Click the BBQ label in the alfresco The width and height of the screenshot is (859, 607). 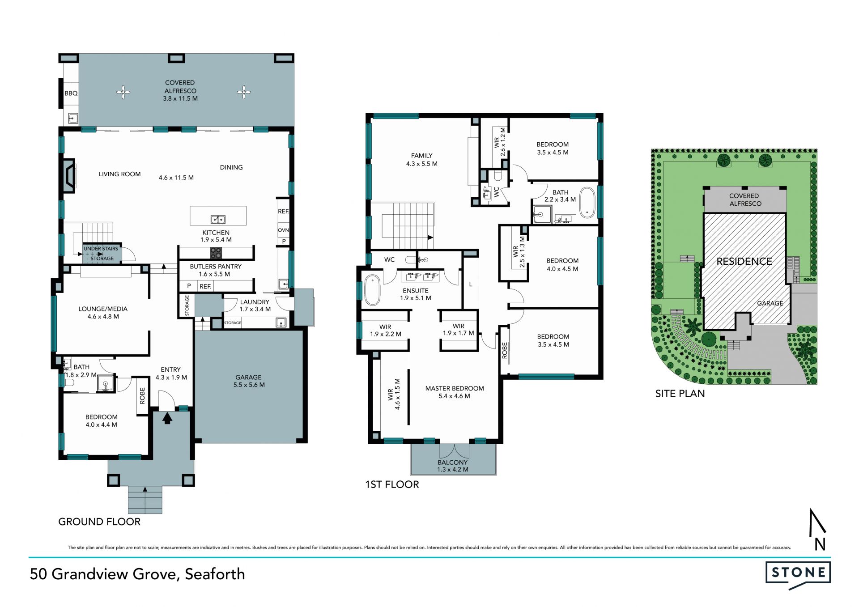[71, 93]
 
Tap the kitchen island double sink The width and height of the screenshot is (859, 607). [218, 219]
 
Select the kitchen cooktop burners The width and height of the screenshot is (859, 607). [216, 253]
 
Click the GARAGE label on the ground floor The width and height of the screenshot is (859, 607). [248, 378]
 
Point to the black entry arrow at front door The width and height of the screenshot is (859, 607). [167, 418]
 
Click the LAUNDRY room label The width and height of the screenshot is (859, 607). [255, 302]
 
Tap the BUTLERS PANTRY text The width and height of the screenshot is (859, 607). [216, 266]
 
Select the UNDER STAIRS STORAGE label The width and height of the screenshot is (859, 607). [101, 253]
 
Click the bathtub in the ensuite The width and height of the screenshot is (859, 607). [372, 290]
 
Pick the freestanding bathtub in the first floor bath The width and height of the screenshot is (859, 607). [587, 203]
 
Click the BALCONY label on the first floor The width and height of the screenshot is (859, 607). [452, 462]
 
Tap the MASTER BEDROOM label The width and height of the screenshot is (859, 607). [455, 388]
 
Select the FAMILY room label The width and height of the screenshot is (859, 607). [421, 156]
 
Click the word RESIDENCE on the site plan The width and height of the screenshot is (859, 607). [744, 262]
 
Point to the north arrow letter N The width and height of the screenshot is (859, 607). [820, 544]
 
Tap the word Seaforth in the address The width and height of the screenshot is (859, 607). [215, 574]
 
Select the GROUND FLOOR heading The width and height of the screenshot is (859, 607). [99, 522]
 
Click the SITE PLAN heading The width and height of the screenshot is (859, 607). [680, 394]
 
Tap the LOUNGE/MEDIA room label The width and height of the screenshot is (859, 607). [103, 309]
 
